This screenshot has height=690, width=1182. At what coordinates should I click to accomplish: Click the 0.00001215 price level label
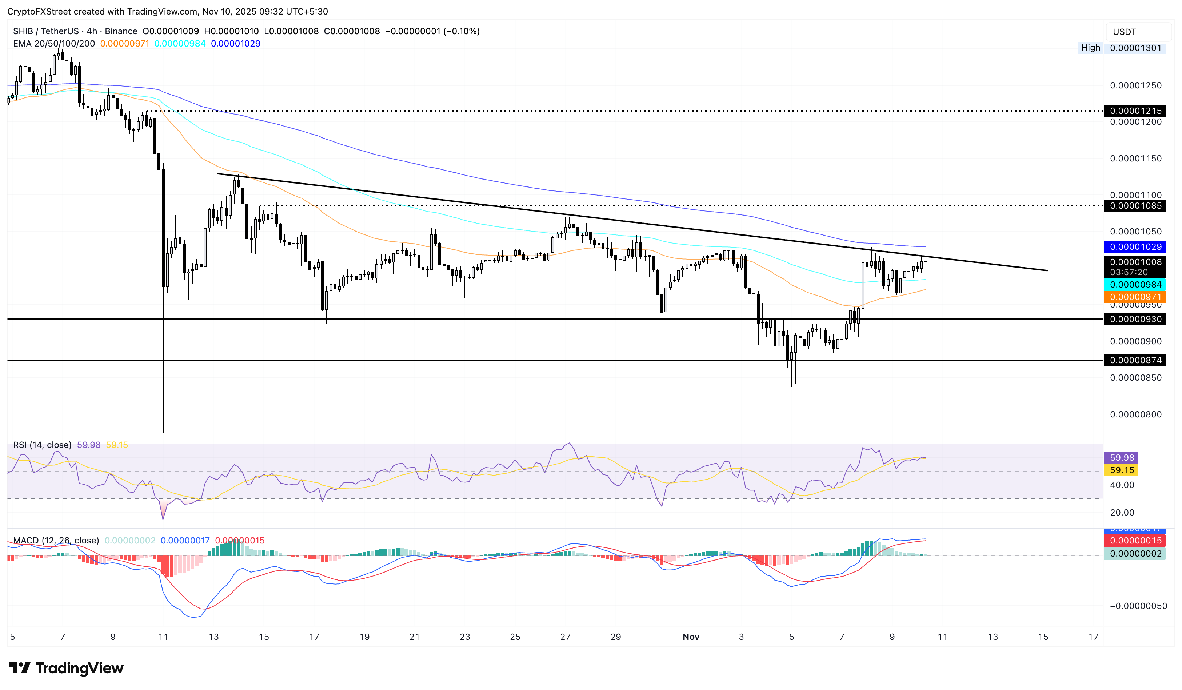(x=1135, y=111)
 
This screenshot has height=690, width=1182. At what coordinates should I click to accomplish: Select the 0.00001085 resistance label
(x=1135, y=206)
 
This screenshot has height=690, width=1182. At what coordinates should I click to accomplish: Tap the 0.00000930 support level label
(x=1135, y=319)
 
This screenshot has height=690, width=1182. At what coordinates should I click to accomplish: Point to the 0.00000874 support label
(x=1135, y=360)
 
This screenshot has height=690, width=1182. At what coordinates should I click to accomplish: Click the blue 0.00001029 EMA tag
(x=1135, y=246)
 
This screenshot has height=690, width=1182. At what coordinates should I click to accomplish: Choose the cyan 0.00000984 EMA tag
(x=1135, y=285)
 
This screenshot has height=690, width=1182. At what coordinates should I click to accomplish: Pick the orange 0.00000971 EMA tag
(x=1135, y=297)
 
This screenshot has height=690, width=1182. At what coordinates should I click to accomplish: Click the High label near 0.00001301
(x=1090, y=48)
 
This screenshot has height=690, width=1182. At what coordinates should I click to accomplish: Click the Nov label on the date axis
(x=690, y=637)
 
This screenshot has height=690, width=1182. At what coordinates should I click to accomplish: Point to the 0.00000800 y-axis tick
(x=1135, y=414)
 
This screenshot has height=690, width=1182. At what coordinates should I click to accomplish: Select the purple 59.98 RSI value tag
(x=1122, y=457)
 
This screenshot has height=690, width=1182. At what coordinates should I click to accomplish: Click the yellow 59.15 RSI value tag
(x=1122, y=470)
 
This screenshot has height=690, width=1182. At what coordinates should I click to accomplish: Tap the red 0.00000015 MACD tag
(x=1135, y=541)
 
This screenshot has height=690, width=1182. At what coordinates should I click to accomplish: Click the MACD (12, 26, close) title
(x=56, y=541)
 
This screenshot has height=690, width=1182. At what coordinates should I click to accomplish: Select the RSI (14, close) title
(x=42, y=445)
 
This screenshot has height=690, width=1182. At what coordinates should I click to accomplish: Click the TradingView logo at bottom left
(x=66, y=668)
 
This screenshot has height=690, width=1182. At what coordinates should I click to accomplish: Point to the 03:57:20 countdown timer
(x=1129, y=272)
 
